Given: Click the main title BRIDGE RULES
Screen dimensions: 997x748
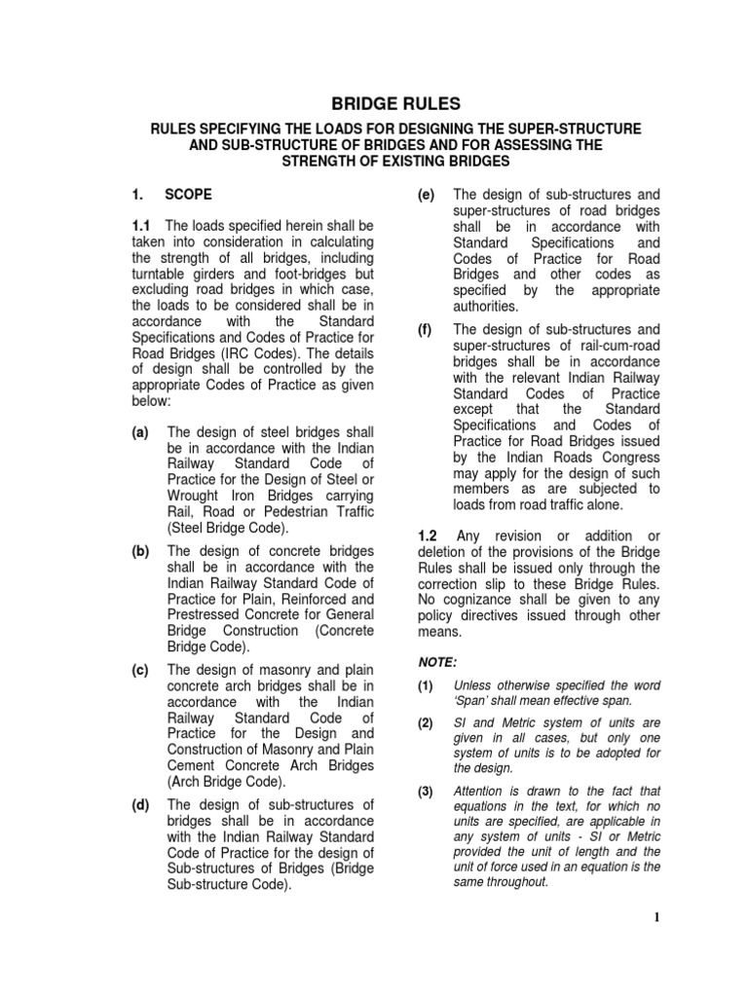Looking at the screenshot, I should click(x=374, y=104).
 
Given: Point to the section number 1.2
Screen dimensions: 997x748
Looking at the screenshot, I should click(x=429, y=537).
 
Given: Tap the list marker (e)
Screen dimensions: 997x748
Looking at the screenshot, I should click(x=427, y=194).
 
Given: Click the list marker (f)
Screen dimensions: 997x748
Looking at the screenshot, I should click(x=427, y=329).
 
